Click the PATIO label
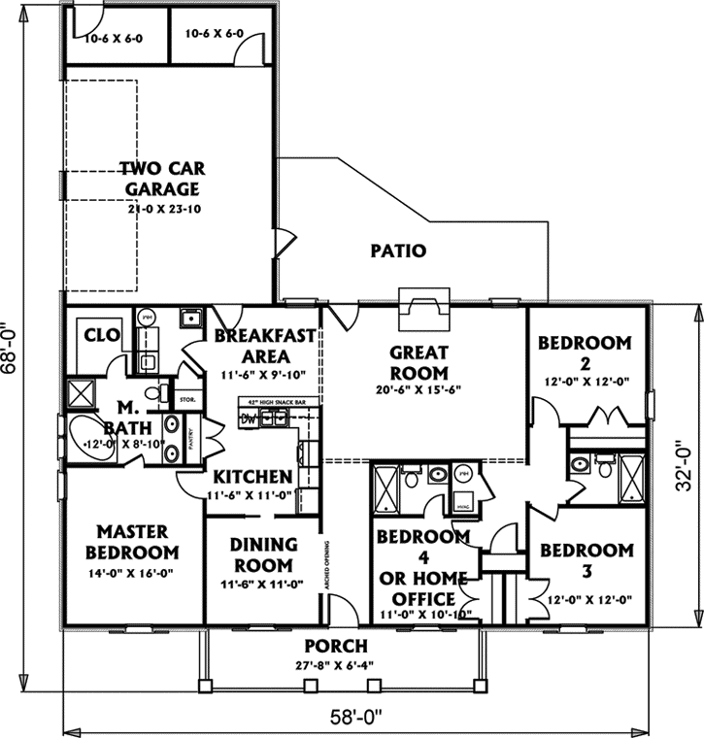tap(398, 251)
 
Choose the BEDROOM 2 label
tap(585, 352)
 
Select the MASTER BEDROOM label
tap(136, 542)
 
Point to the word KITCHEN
tap(252, 477)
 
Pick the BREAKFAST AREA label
tap(265, 346)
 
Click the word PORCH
tap(336, 646)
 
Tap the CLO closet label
tap(101, 335)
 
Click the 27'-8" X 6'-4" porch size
tap(336, 664)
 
